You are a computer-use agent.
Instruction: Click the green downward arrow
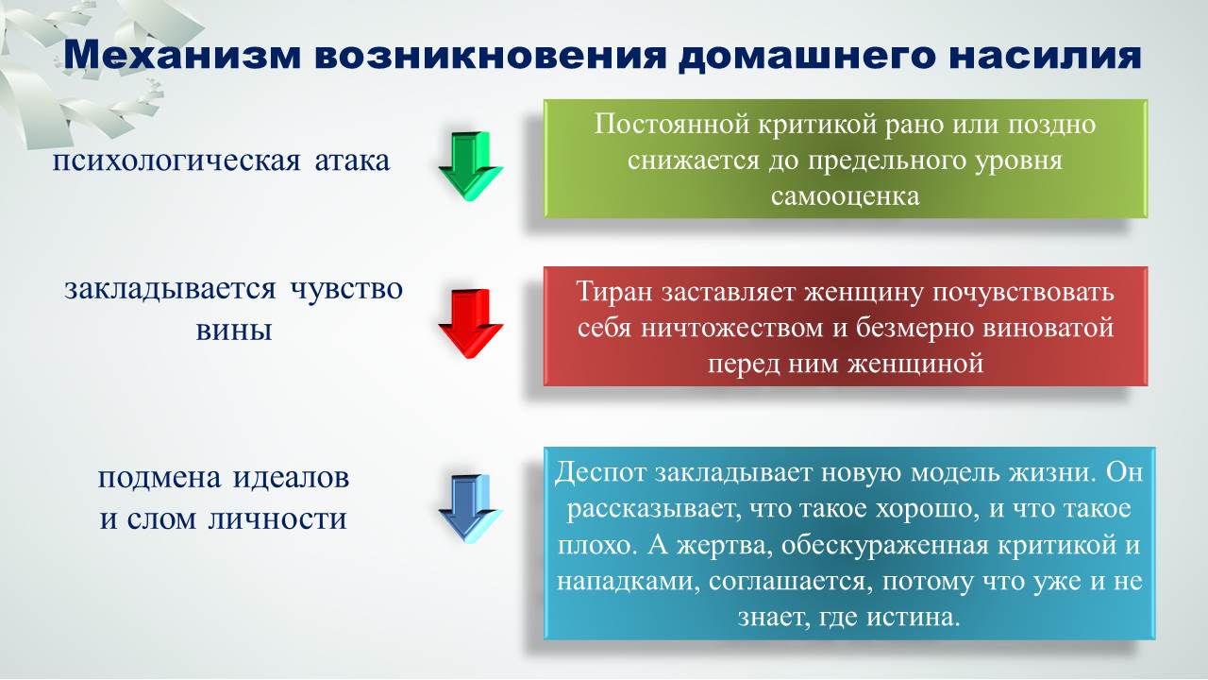pos(471,166)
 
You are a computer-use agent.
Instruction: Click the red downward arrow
pos(471,324)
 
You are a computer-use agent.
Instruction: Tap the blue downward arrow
pos(471,509)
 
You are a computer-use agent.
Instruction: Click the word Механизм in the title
pos(182,55)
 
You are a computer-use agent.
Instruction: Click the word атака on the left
pos(352,161)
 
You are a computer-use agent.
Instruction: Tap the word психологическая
pos(176,161)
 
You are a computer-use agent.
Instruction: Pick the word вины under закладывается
pos(233,330)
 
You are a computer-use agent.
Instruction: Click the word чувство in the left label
pos(346,289)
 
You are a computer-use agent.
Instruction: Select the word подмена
pos(159,478)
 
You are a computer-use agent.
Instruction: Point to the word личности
pos(277,519)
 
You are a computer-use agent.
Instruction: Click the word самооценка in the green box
pos(845,195)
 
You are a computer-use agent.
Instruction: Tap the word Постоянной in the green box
pos(672,124)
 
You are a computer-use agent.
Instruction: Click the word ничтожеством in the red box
pos(731,328)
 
